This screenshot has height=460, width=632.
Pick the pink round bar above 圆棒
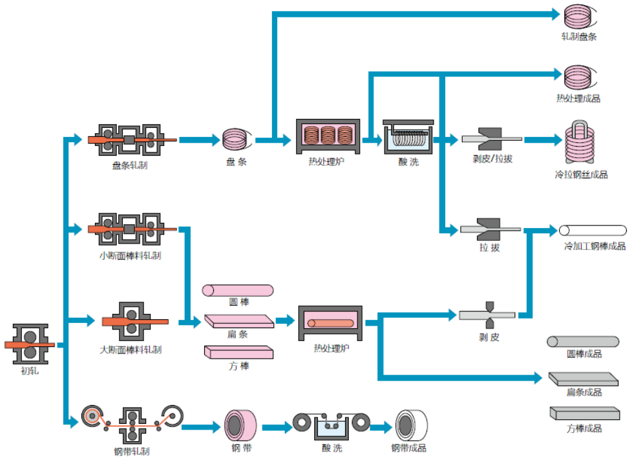(237, 290)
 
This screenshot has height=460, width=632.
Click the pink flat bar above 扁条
(238, 320)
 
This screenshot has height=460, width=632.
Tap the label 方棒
(238, 366)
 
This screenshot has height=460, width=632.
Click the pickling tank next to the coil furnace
(408, 138)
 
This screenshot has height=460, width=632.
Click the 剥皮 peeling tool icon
(487, 315)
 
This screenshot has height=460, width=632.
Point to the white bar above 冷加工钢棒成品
(593, 231)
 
